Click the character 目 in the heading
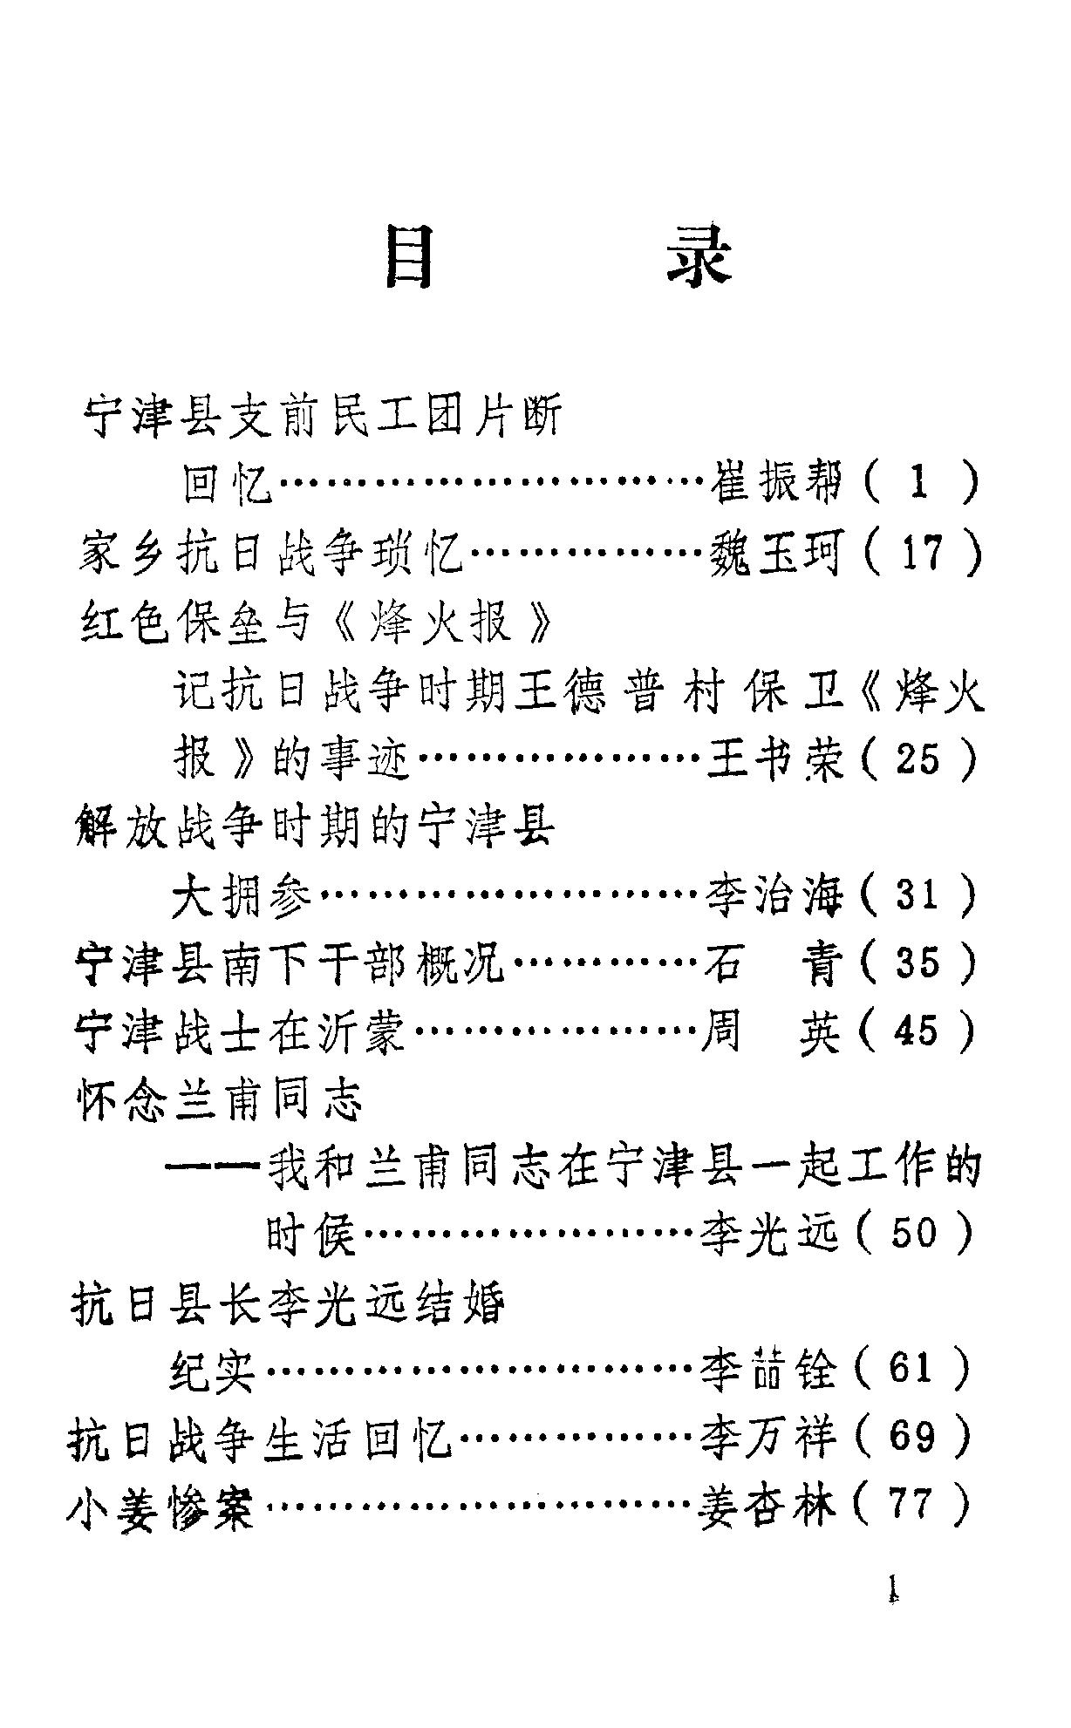(x=409, y=257)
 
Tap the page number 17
(x=921, y=553)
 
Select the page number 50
(x=916, y=1234)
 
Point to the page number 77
(x=912, y=1505)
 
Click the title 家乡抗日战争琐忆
(x=270, y=553)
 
